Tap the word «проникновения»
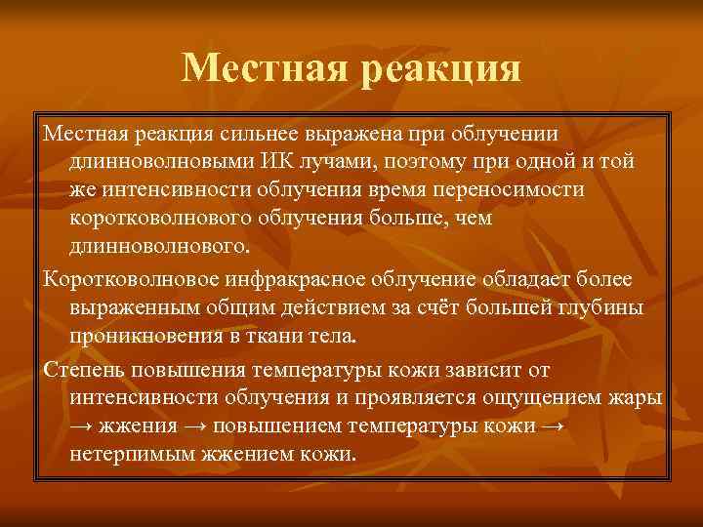[x=138, y=338]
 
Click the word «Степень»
[x=81, y=372]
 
